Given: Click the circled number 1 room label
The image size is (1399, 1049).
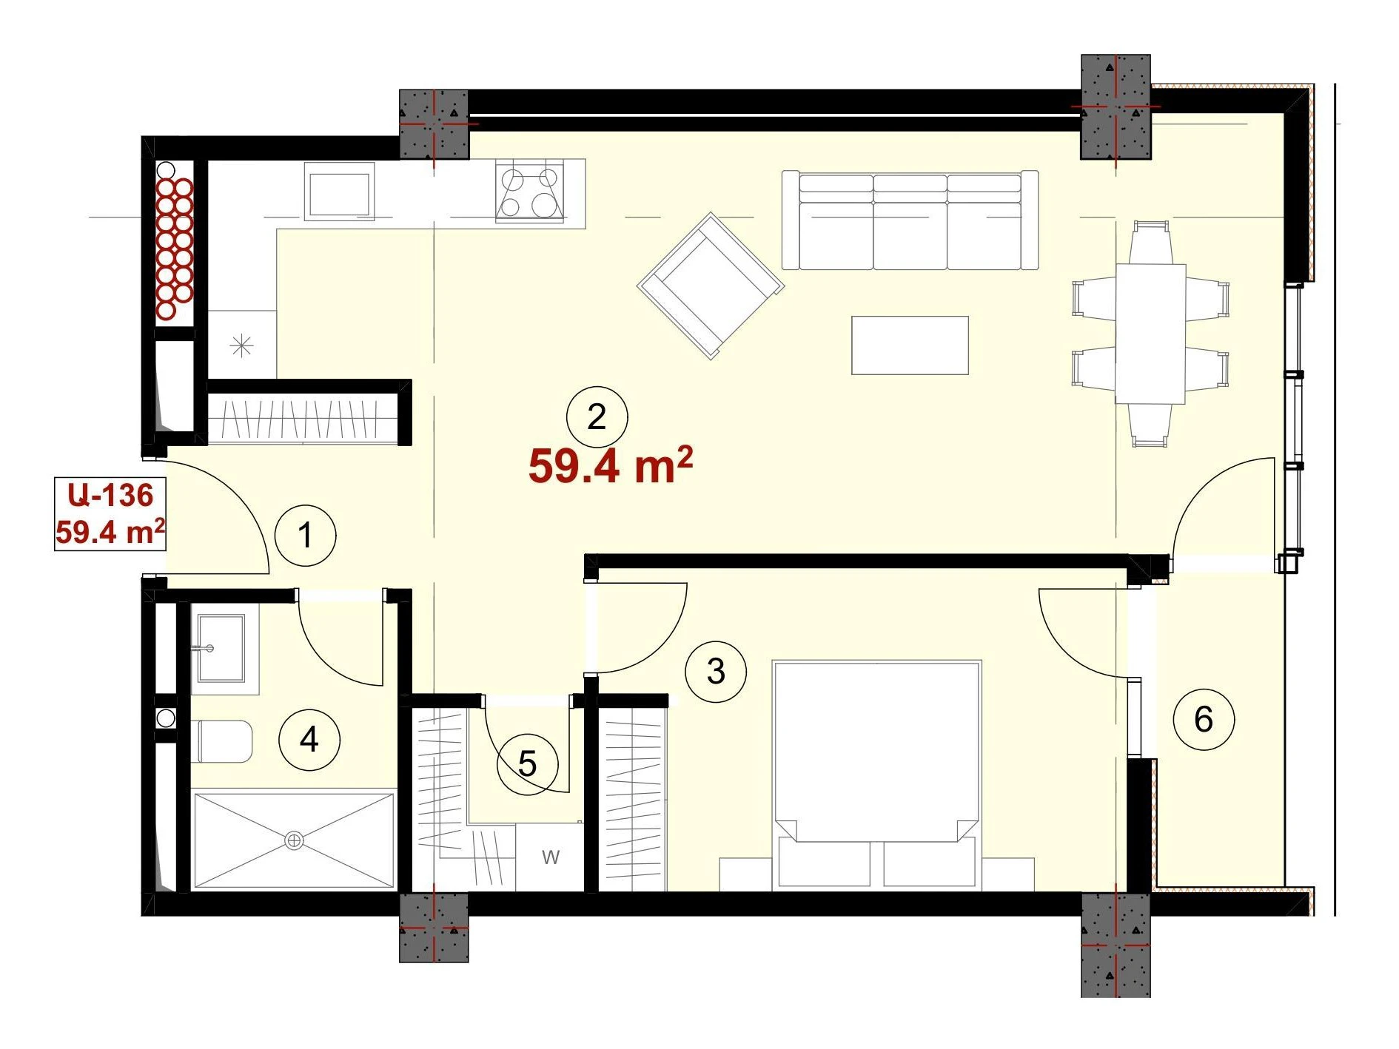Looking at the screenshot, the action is tap(305, 536).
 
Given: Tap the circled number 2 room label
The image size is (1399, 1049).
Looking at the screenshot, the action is tap(597, 417).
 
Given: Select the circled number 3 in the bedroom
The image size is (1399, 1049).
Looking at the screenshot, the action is tap(715, 671).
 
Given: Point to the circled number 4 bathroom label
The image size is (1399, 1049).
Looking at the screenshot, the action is tap(309, 739).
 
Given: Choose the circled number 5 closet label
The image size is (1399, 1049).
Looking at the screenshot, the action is tap(527, 764).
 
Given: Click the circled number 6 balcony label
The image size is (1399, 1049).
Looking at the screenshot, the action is tap(1204, 719).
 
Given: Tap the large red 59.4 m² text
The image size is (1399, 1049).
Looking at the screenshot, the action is tap(611, 465).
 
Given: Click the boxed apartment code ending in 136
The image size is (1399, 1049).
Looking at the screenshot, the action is tap(110, 513).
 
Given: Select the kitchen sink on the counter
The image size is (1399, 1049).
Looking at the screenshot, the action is tap(339, 192).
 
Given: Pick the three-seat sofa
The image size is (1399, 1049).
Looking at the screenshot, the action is tap(910, 220).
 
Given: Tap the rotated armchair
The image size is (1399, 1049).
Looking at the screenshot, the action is tap(711, 286).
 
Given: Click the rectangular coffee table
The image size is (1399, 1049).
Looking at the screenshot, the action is tap(910, 345).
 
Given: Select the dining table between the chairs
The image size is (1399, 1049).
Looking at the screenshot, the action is tap(1150, 334).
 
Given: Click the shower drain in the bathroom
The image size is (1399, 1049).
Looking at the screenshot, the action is tap(294, 840).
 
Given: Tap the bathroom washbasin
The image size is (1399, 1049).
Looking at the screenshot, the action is tap(221, 648).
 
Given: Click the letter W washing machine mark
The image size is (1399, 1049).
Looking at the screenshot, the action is tap(550, 857).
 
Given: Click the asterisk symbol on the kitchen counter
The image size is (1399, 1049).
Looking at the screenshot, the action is tap(241, 345).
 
